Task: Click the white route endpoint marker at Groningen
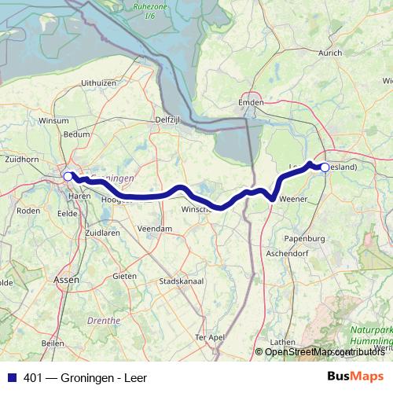(x=68, y=177)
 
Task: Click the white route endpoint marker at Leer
(x=325, y=167)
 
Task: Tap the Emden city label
(x=250, y=102)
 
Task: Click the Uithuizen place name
(x=99, y=82)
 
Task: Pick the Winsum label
(x=54, y=121)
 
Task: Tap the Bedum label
(x=77, y=134)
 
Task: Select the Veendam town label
(x=154, y=228)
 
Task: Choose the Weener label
(x=293, y=200)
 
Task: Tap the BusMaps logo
(x=355, y=377)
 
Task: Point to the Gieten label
(x=125, y=276)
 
